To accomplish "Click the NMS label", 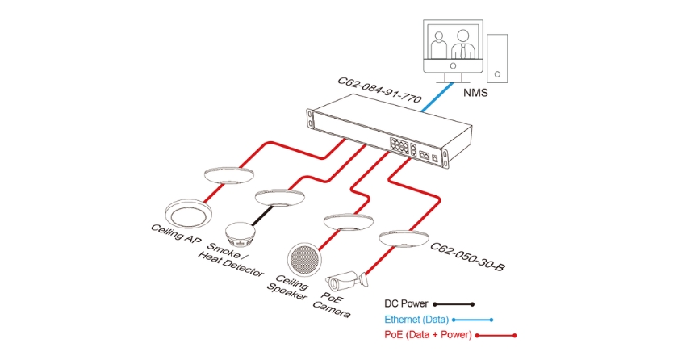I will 476,93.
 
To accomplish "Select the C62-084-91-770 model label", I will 379,90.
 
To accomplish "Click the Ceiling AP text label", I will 177,235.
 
